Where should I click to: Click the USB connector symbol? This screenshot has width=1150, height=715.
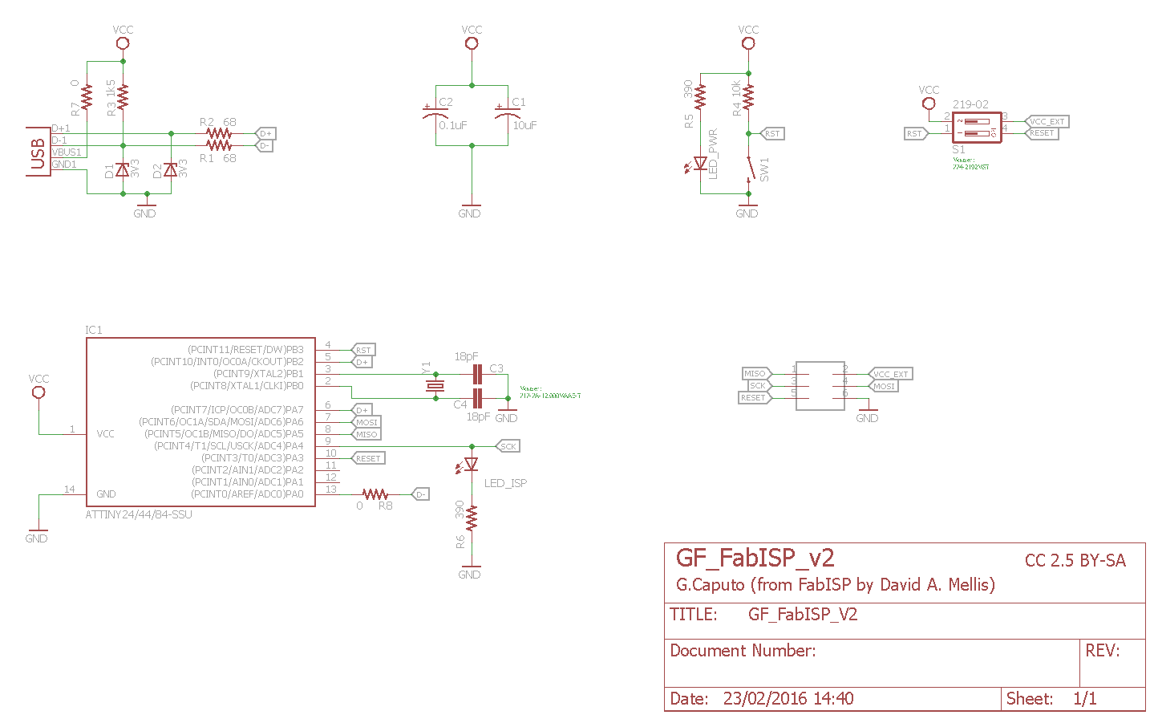(x=38, y=152)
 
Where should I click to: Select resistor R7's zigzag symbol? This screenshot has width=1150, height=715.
(x=87, y=97)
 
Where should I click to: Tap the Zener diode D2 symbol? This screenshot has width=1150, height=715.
(x=170, y=169)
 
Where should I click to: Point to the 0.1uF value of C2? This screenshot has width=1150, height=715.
(x=453, y=125)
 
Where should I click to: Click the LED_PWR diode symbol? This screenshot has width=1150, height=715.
(x=700, y=164)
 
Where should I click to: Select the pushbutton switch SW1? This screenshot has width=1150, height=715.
(x=749, y=169)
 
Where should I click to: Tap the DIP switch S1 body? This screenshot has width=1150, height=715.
(x=976, y=128)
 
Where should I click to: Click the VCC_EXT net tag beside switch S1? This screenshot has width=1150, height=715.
(x=1047, y=122)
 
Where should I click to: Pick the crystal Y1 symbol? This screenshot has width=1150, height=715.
(x=435, y=386)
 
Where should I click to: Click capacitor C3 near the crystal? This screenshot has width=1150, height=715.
(x=477, y=374)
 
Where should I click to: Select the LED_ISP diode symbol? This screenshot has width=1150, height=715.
(x=472, y=464)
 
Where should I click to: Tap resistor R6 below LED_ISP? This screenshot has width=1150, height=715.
(x=472, y=518)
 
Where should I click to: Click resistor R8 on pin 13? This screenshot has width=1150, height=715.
(x=375, y=494)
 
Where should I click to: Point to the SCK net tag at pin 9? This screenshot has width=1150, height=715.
(x=508, y=446)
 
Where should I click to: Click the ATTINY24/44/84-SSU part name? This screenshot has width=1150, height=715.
(x=139, y=514)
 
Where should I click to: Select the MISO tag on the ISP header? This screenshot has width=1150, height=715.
(x=755, y=373)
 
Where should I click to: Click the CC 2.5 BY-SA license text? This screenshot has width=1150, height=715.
(x=1075, y=561)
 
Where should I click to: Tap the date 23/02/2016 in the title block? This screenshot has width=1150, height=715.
(x=788, y=698)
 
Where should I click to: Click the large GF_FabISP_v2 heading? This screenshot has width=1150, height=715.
(x=755, y=558)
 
